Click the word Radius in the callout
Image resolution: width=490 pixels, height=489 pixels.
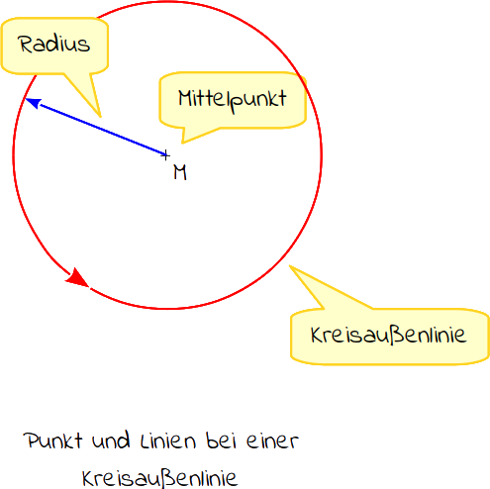(53, 44)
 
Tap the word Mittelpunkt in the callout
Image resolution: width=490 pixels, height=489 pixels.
(233, 101)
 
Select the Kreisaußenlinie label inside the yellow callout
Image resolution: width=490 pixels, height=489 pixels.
(388, 336)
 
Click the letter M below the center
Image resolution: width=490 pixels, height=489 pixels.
(180, 172)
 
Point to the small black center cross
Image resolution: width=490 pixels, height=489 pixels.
(165, 155)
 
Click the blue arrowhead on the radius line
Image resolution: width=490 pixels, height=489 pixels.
(33, 103)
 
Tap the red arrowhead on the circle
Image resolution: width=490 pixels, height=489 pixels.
(78, 278)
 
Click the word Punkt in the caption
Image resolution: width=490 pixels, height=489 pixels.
(52, 440)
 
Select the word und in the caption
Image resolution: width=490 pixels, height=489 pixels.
(111, 440)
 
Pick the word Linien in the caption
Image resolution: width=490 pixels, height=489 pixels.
(168, 440)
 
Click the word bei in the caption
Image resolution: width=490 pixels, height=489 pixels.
(222, 440)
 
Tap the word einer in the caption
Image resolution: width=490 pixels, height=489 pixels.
(272, 440)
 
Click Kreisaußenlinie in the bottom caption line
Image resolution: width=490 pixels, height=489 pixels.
(159, 478)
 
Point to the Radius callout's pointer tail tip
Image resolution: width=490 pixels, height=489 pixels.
(100, 117)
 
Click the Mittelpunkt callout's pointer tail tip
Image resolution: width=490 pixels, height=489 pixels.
(182, 143)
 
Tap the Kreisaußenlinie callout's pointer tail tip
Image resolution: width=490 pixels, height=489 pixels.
(290, 265)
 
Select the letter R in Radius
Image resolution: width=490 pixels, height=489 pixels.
(26, 44)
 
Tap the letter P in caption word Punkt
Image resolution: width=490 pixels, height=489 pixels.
(32, 440)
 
